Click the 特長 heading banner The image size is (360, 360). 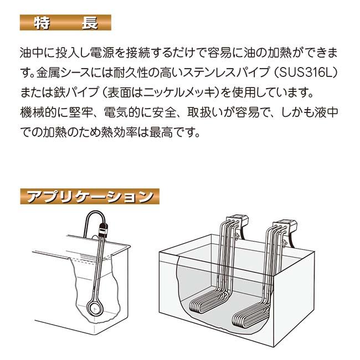(x=65, y=23)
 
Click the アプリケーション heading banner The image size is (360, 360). (x=89, y=196)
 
